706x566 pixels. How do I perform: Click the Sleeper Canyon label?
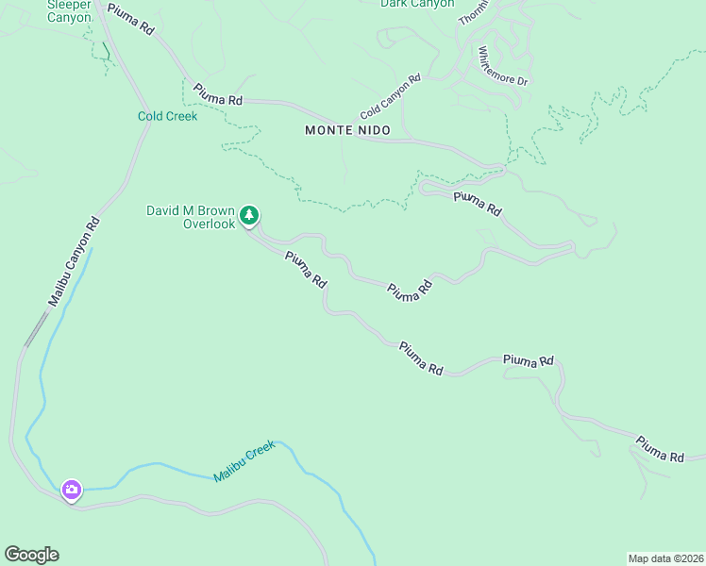pyautogui.click(x=69, y=10)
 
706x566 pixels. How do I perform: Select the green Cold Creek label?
pyautogui.click(x=167, y=117)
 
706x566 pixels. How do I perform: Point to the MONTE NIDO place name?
pyautogui.click(x=342, y=130)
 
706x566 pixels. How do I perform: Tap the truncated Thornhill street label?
pyautogui.click(x=469, y=11)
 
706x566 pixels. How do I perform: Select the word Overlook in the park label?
pyautogui.click(x=208, y=225)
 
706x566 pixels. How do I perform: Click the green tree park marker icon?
pyautogui.click(x=249, y=216)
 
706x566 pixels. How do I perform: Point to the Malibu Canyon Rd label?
pyautogui.click(x=75, y=261)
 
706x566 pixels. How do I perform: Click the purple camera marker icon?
pyautogui.click(x=72, y=490)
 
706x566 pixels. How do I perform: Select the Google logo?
pyautogui.click(x=31, y=555)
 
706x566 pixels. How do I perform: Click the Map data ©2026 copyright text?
pyautogui.click(x=664, y=558)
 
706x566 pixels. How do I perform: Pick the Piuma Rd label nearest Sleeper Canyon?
pyautogui.click(x=130, y=19)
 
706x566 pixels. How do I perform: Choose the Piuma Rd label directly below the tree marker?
pyautogui.click(x=305, y=270)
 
